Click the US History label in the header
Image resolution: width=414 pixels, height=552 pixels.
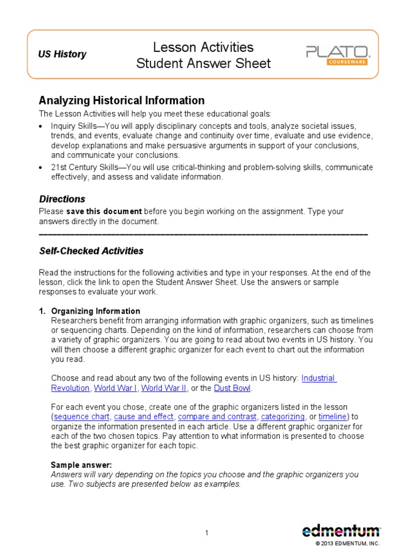(x=61, y=54)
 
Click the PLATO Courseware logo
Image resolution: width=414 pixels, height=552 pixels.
(x=337, y=55)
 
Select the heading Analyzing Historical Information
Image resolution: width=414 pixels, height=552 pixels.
(x=121, y=100)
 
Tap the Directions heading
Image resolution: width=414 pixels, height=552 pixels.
(x=62, y=199)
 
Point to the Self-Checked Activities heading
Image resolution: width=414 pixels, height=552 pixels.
(x=91, y=251)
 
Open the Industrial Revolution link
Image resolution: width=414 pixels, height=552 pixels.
(x=319, y=378)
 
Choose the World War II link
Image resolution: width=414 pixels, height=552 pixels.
(x=164, y=388)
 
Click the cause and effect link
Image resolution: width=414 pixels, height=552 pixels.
(x=144, y=417)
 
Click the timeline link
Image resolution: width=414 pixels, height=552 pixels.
(x=333, y=417)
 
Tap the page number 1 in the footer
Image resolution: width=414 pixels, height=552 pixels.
(x=206, y=533)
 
